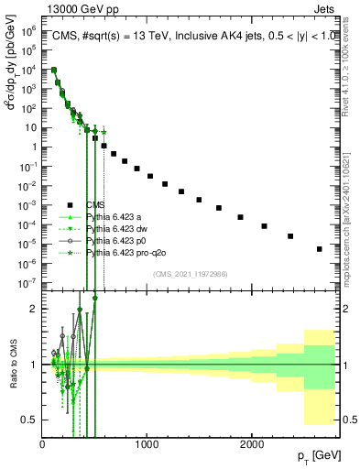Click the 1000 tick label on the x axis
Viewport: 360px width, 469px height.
click(x=147, y=443)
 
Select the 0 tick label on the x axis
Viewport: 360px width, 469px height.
click(x=42, y=443)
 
